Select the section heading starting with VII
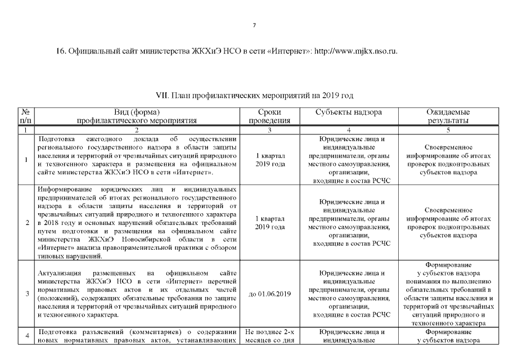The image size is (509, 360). click(x=254, y=96)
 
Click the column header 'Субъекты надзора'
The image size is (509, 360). click(x=348, y=112)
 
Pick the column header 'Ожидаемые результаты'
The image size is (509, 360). click(x=448, y=116)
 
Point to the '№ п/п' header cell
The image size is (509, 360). click(x=25, y=116)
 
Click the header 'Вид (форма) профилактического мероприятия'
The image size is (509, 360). click(x=137, y=116)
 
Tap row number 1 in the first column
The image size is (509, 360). click(x=26, y=159)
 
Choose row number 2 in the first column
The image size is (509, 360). click(x=26, y=222)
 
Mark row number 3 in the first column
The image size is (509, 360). click(x=26, y=293)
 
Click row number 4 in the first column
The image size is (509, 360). click(x=26, y=336)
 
